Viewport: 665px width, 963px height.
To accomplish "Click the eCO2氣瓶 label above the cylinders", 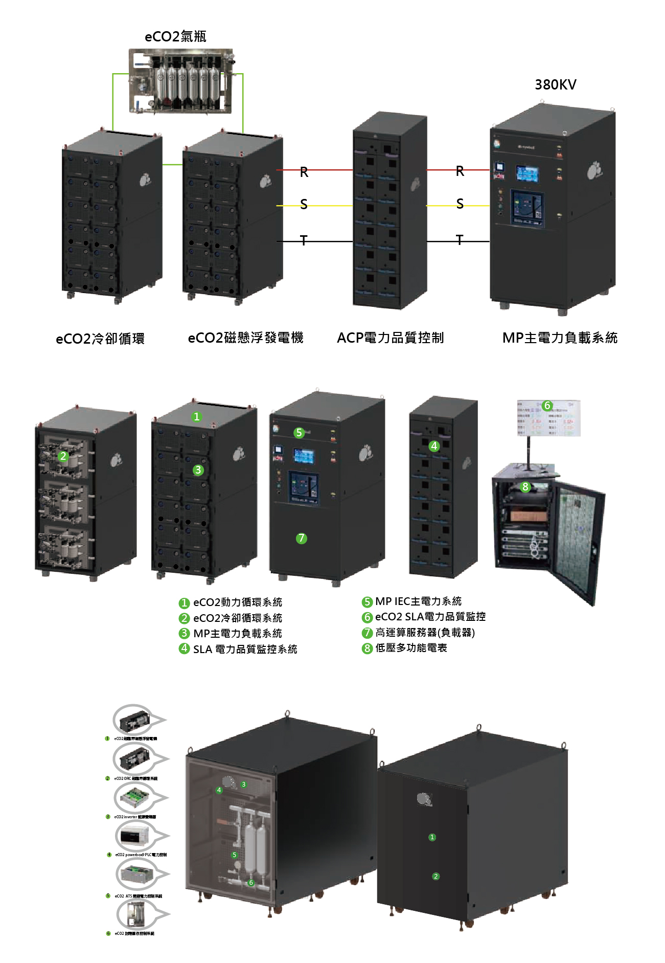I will click(x=175, y=37).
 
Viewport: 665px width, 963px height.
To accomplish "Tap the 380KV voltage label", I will click(x=555, y=84).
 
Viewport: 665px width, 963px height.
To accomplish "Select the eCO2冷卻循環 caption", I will click(x=100, y=339).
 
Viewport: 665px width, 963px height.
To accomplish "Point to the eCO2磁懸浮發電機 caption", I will click(x=245, y=338).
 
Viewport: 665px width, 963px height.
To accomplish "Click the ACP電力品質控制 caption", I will click(x=390, y=338).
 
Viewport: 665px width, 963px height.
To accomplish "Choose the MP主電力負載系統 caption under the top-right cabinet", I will click(x=560, y=338).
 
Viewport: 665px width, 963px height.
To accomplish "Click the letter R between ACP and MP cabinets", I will click(x=460, y=171).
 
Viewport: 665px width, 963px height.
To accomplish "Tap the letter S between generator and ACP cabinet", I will click(x=304, y=205).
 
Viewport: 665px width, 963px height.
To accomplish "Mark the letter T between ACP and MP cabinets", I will click(x=460, y=240).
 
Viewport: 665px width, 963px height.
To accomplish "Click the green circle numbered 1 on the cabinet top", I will click(x=197, y=417).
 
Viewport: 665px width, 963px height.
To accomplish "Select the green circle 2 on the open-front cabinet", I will click(x=63, y=456).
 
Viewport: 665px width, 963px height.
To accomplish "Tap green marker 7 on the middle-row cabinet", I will click(x=302, y=538).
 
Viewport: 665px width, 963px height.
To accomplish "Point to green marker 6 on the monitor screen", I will click(x=547, y=406).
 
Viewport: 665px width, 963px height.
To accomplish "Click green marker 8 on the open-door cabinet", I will click(x=525, y=487).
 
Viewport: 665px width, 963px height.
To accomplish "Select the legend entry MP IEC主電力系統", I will click(x=418, y=601).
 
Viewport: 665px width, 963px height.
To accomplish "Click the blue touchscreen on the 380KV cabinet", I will click(x=526, y=174).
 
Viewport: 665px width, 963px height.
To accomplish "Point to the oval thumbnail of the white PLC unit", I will click(x=134, y=836).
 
